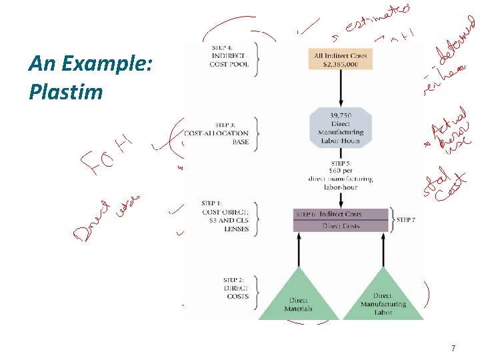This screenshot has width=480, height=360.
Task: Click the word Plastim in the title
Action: [x=66, y=91]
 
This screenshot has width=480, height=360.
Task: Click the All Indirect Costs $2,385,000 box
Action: [x=341, y=60]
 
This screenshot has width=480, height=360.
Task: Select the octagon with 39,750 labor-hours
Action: [x=341, y=128]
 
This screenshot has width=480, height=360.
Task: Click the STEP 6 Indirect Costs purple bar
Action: [x=340, y=215]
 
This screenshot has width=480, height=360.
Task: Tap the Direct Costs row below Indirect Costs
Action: [x=340, y=227]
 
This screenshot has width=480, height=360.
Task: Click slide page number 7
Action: [x=453, y=348]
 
